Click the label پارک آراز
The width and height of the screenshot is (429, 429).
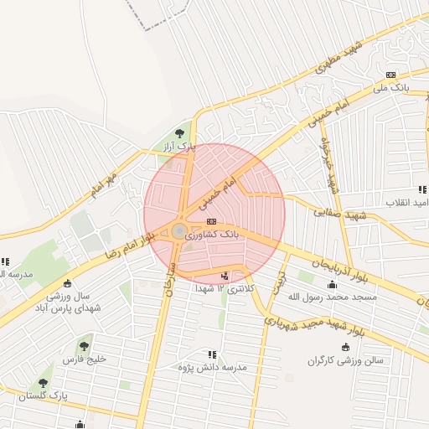179,146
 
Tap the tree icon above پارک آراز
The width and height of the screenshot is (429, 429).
179,132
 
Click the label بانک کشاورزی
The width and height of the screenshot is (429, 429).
213,235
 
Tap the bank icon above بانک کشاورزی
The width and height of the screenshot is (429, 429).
210,221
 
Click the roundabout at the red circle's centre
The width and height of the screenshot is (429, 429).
180,230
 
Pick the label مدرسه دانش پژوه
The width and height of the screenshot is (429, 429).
213,368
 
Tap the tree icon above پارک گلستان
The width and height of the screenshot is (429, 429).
44,382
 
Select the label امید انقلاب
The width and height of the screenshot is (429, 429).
407,203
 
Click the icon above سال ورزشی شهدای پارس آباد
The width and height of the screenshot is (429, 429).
68,283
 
